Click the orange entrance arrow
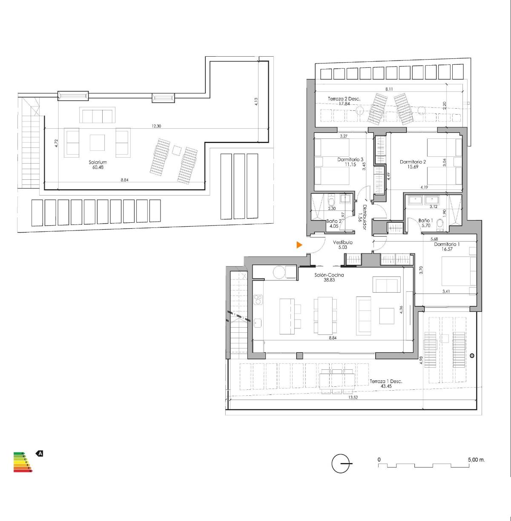click(x=300, y=245)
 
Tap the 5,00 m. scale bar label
click(x=476, y=460)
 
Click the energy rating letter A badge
click(x=40, y=454)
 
